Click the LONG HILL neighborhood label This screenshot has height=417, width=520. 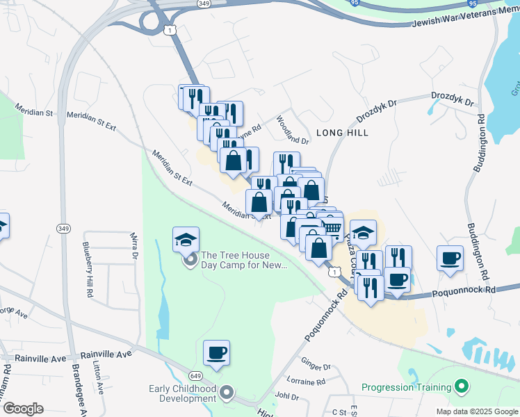pyautogui.click(x=342, y=132)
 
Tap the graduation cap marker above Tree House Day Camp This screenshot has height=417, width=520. pyautogui.click(x=186, y=240)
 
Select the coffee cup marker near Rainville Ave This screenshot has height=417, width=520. pyautogui.click(x=216, y=353)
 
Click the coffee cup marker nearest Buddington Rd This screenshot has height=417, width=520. pyautogui.click(x=450, y=259)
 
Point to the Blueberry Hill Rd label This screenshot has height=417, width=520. pyautogui.click(x=88, y=270)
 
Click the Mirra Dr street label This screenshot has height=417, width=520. pyautogui.click(x=133, y=247)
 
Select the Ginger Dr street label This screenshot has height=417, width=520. pyautogui.click(x=316, y=363)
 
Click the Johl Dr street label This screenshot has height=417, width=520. pyautogui.click(x=286, y=397)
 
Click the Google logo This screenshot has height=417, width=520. pyautogui.click(x=22, y=409)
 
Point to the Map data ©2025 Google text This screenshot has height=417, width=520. pyautogui.click(x=476, y=411)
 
